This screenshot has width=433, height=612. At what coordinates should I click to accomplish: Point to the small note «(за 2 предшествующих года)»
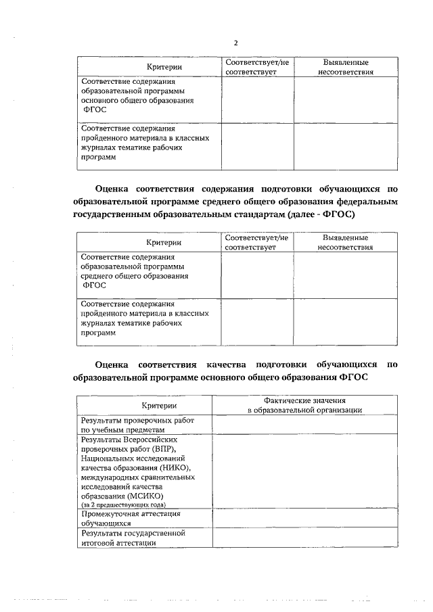pyautogui.click(x=122, y=504)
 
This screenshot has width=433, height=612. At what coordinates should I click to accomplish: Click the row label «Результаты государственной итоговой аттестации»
pyautogui.click(x=133, y=538)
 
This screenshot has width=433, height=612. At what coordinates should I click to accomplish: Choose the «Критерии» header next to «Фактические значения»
pyautogui.click(x=159, y=405)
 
